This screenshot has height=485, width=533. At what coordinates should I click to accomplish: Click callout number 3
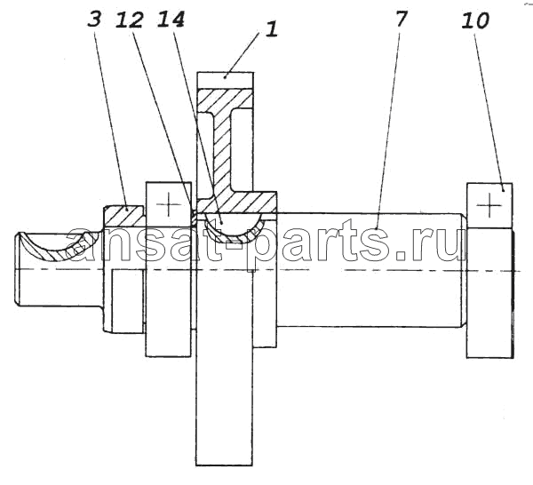pyautogui.click(x=94, y=19)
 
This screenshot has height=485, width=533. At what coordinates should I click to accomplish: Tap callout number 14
pyautogui.click(x=171, y=19)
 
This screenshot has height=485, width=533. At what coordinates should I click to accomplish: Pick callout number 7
pyautogui.click(x=402, y=19)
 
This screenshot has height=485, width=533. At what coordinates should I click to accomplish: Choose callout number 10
pyautogui.click(x=475, y=20)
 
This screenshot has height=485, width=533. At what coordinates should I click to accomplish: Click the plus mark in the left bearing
pyautogui.click(x=169, y=205)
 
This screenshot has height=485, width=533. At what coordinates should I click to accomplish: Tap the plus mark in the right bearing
pyautogui.click(x=489, y=205)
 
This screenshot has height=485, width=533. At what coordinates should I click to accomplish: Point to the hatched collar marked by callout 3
pyautogui.click(x=124, y=217)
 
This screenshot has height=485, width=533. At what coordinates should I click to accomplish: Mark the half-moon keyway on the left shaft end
pyautogui.click(x=58, y=246)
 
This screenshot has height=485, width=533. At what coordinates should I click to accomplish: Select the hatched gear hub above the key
pyautogui.click(x=238, y=203)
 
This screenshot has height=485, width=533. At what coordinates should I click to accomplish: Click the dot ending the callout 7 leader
pyautogui.click(x=377, y=229)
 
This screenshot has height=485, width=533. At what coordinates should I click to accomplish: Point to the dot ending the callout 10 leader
pyautogui.click(x=503, y=190)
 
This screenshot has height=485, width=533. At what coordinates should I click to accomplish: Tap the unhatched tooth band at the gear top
pyautogui.click(x=226, y=80)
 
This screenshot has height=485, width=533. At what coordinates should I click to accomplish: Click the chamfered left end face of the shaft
pyautogui.click(x=17, y=268)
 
